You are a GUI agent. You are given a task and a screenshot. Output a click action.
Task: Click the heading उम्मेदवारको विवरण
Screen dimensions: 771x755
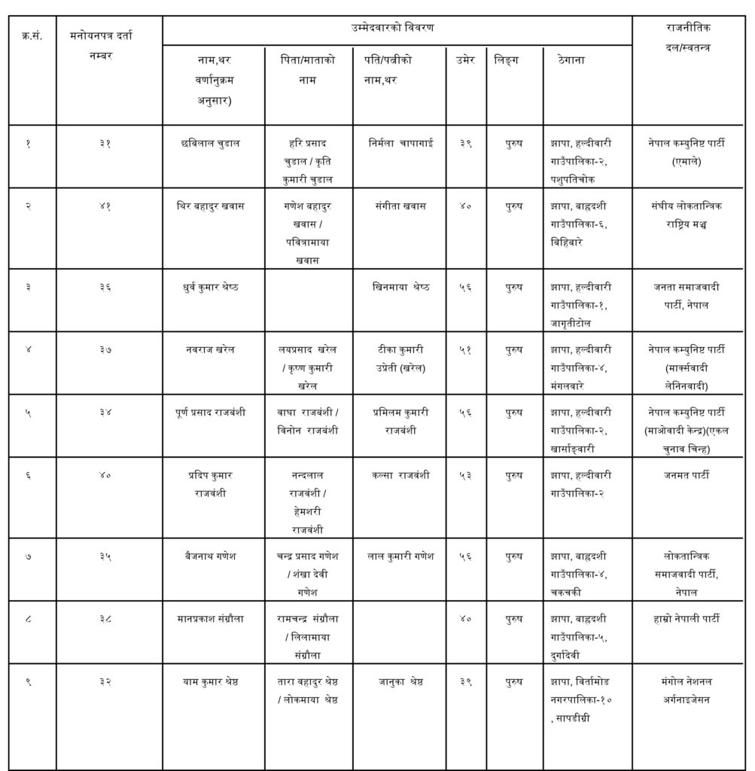pyautogui.click(x=397, y=28)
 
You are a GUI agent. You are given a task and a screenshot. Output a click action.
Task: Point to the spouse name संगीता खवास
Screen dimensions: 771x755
pyautogui.click(x=400, y=205)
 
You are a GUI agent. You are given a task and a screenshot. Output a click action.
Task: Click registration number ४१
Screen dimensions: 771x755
pyautogui.click(x=105, y=205)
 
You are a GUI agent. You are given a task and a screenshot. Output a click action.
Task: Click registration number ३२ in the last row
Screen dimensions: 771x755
pyautogui.click(x=105, y=682)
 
